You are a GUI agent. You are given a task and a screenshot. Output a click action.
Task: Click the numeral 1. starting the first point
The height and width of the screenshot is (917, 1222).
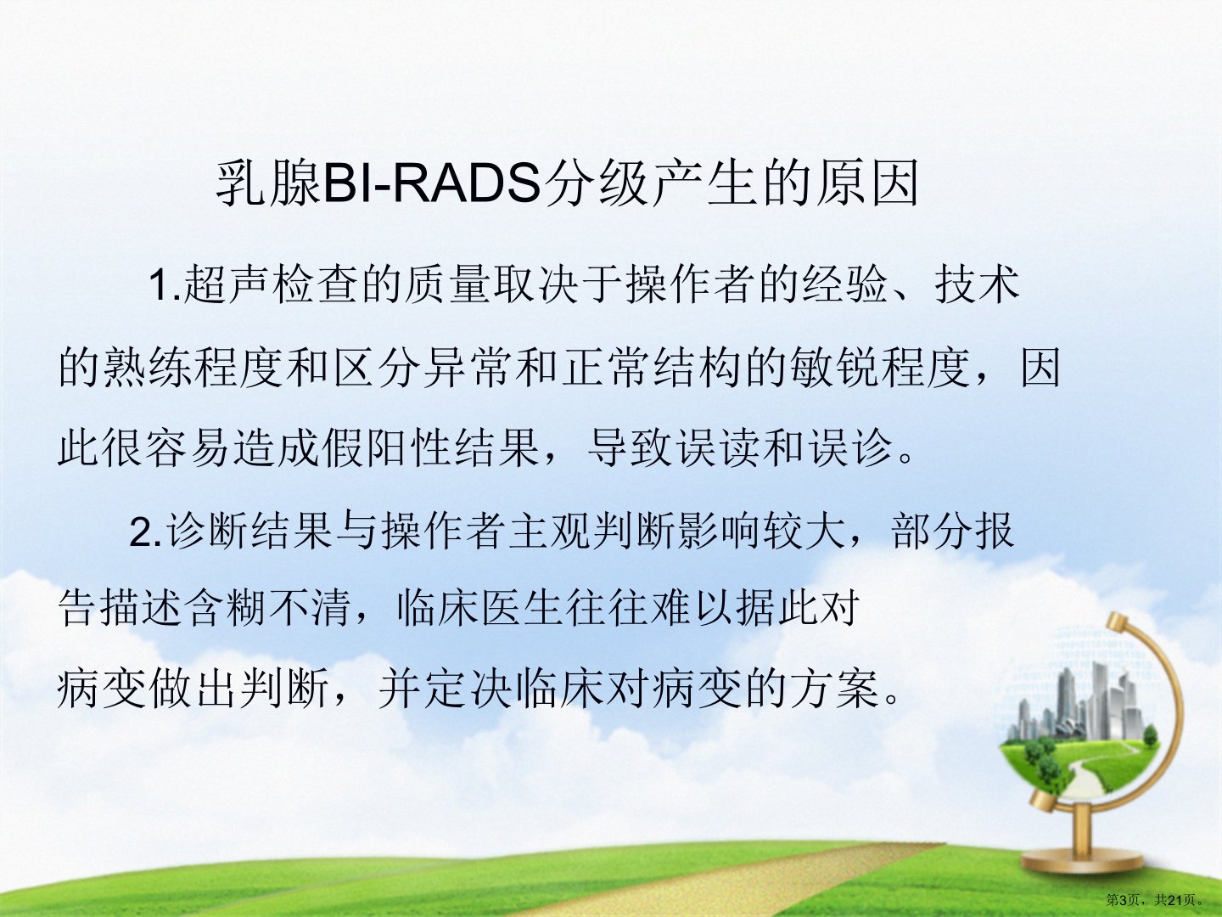pos(165,285)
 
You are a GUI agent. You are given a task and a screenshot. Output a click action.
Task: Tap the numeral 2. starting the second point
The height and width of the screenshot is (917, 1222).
pos(145,532)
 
